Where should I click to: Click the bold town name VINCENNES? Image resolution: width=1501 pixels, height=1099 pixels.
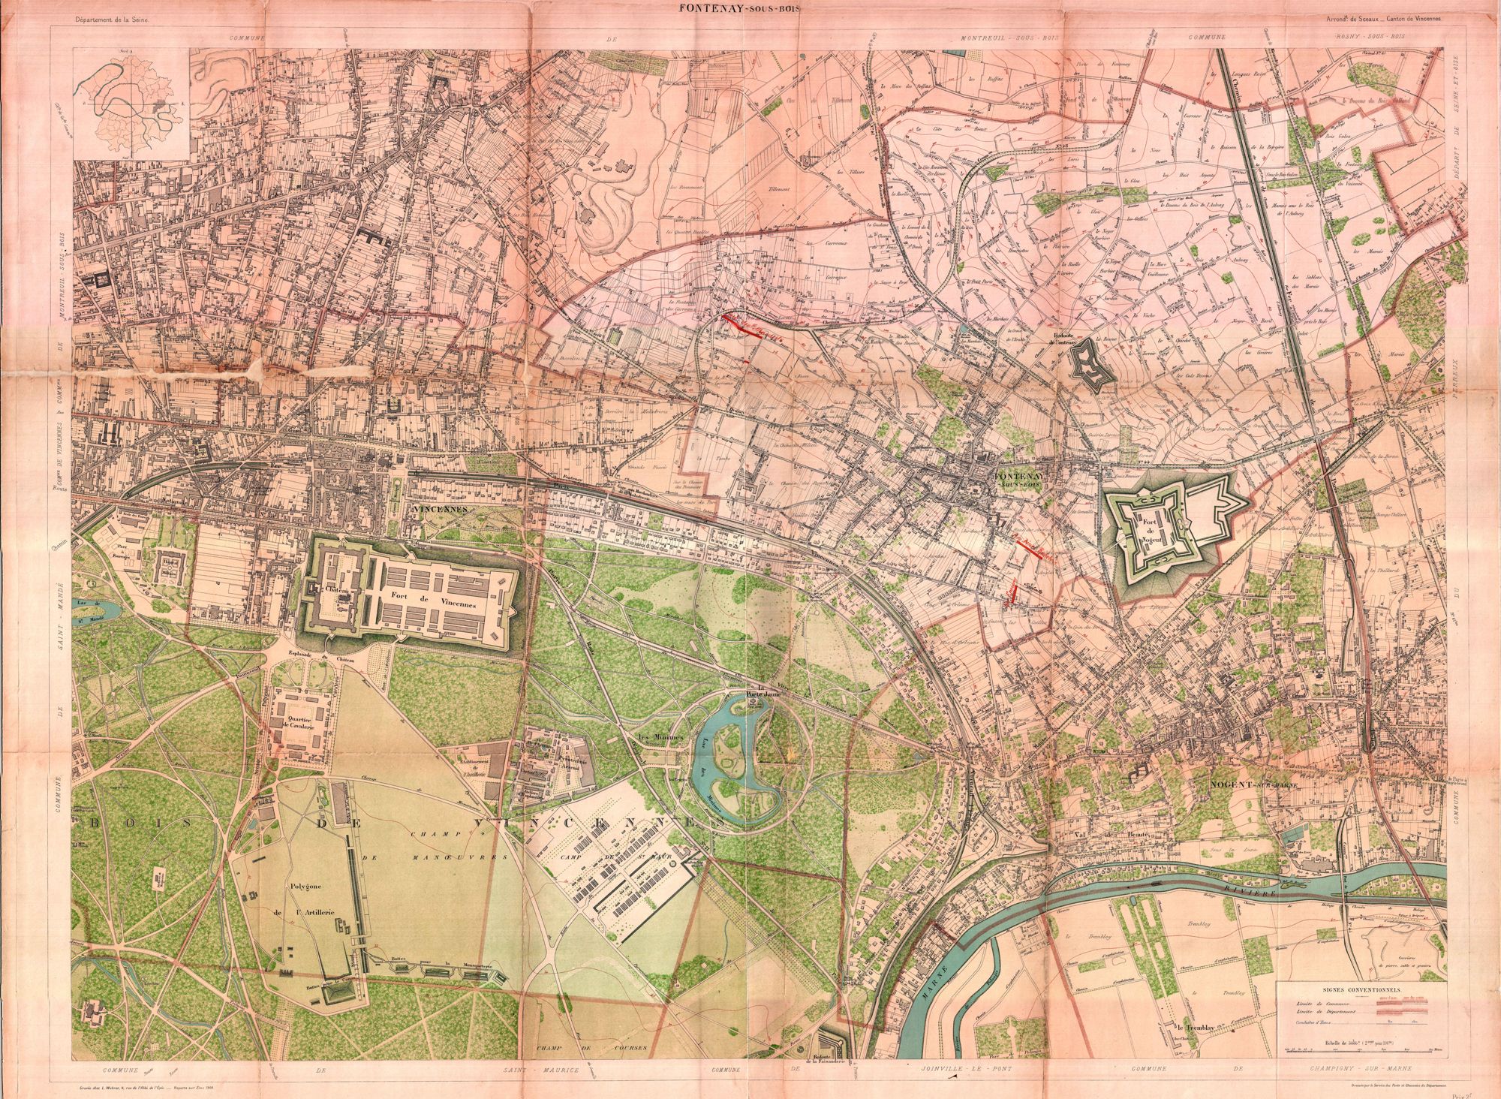(x=439, y=508)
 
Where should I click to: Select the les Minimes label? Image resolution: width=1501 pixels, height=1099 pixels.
(x=657, y=737)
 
